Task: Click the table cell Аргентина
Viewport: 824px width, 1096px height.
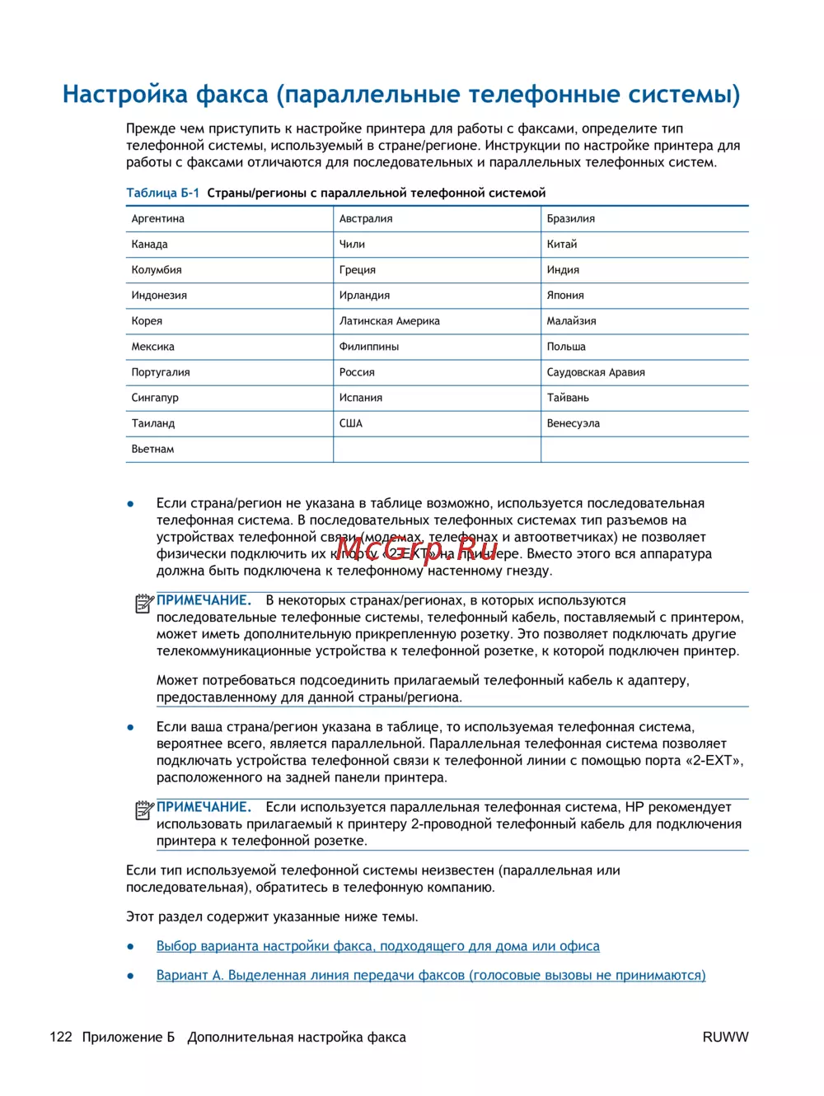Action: click(x=158, y=219)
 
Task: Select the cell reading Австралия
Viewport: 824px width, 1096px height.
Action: click(x=366, y=219)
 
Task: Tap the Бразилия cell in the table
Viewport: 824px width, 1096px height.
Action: click(x=571, y=219)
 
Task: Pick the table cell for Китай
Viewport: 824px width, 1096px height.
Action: click(x=562, y=245)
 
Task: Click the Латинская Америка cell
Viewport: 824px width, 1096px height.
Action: click(x=389, y=321)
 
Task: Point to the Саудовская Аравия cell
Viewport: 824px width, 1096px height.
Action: click(x=596, y=372)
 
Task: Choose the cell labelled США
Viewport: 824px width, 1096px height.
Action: click(x=351, y=423)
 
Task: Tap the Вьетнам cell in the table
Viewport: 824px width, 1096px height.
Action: click(x=153, y=450)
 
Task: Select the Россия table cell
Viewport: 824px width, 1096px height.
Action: click(x=357, y=372)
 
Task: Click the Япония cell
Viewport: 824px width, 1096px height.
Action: click(x=565, y=296)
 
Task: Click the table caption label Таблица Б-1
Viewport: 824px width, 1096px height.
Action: click(x=162, y=193)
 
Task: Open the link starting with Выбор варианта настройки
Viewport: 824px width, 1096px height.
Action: click(x=378, y=946)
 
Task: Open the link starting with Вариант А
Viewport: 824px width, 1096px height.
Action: click(x=431, y=975)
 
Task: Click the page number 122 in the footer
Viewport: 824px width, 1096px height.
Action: click(x=61, y=1037)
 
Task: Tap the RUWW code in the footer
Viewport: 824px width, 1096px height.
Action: click(x=725, y=1037)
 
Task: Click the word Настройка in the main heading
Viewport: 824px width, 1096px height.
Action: click(x=125, y=95)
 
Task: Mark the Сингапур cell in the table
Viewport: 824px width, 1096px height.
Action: click(x=155, y=398)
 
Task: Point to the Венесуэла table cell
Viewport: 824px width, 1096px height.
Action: click(x=574, y=423)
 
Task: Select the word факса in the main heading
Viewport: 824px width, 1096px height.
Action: click(x=232, y=95)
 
